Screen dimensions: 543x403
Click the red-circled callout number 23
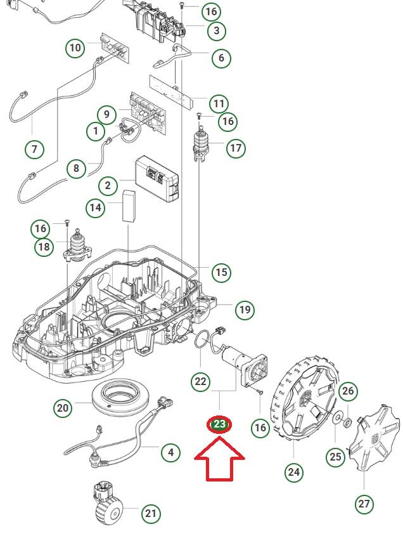(219, 424)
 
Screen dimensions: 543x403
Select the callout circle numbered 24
(294, 471)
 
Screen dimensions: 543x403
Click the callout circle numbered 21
(150, 513)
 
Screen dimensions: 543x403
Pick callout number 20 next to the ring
(62, 407)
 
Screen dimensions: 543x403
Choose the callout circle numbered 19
(244, 310)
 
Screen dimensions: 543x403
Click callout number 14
(96, 207)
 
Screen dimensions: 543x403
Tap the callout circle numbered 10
(75, 48)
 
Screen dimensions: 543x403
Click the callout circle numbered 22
(200, 381)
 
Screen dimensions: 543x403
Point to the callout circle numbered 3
(216, 30)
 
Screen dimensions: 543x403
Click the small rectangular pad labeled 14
(130, 205)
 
